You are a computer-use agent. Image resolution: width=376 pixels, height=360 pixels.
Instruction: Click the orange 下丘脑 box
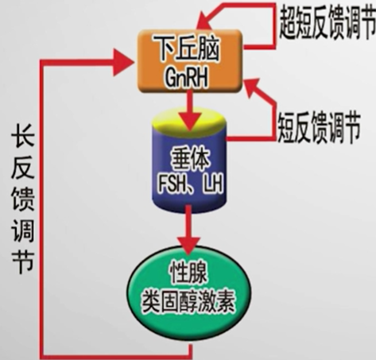click(x=189, y=61)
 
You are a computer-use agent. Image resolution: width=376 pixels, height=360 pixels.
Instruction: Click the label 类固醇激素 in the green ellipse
click(x=188, y=303)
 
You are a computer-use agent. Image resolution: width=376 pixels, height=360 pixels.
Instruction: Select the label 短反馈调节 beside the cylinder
click(x=319, y=127)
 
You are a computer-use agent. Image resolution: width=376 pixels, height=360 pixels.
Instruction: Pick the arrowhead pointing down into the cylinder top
click(x=189, y=122)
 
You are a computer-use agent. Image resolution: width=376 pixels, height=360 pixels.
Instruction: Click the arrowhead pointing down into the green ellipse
click(x=188, y=245)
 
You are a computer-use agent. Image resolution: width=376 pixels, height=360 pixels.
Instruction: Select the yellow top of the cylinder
click(x=189, y=122)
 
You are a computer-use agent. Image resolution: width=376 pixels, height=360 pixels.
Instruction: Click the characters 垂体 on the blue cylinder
click(x=190, y=161)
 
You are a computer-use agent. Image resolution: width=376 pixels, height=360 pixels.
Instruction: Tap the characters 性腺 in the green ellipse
click(x=188, y=274)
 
